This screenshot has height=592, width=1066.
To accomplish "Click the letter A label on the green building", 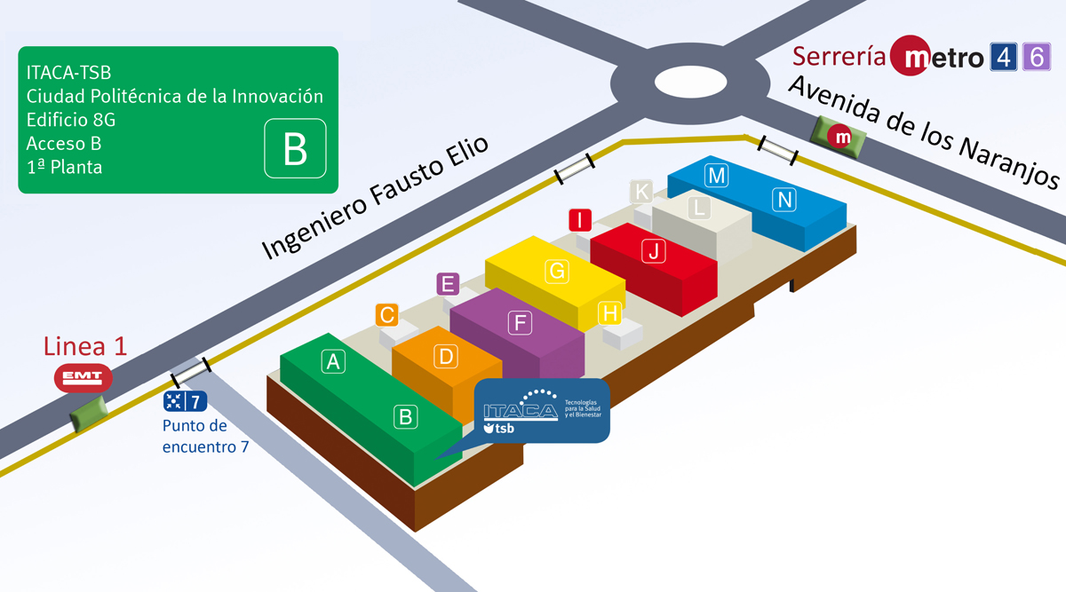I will pos(333,361).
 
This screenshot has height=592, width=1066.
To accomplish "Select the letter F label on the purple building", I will pos(521,322).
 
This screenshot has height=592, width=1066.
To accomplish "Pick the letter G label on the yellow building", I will pos(558,272).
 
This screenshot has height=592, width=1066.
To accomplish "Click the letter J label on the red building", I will pos(654,251).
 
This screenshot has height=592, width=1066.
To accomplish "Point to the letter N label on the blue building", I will pos(784,201).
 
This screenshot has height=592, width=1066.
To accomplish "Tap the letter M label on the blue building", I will pos(716,176).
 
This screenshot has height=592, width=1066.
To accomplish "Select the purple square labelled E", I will pos(448,285).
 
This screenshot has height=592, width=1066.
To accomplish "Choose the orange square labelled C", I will pos(386,314).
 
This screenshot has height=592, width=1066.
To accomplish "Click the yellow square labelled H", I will pos(609,312).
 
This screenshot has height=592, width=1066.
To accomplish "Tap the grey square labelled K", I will pos(641,191).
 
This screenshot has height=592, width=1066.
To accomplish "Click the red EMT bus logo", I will pos(84,378).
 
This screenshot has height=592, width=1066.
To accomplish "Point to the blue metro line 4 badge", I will pos(1003,58).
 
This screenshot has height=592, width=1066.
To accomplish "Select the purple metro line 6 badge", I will pos(1036,58).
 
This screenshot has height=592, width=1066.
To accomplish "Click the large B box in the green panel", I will pos(295,149).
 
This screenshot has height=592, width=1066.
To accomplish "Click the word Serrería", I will pos(839,57).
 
